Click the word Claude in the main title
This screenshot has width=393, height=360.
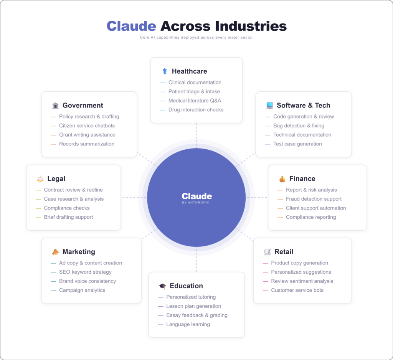click(x=131, y=26)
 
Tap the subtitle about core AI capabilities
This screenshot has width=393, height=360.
click(x=196, y=38)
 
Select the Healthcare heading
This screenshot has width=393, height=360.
click(x=189, y=71)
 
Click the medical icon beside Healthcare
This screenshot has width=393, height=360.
click(x=165, y=71)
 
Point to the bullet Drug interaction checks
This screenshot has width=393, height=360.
click(x=196, y=110)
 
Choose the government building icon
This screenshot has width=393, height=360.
click(x=55, y=106)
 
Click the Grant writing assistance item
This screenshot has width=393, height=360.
click(x=87, y=135)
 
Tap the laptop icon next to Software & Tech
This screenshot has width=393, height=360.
click(x=269, y=106)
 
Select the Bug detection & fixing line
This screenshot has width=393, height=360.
click(x=299, y=126)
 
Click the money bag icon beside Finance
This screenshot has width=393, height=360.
click(x=282, y=179)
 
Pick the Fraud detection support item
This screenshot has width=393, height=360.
click(x=314, y=199)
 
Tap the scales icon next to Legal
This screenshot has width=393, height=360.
click(x=40, y=179)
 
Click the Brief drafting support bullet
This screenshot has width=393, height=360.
click(x=68, y=217)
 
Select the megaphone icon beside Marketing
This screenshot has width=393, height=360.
click(x=55, y=252)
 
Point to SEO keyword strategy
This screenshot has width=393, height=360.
click(x=85, y=272)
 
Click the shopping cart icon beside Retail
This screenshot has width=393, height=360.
click(x=267, y=252)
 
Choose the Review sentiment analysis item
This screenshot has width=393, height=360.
click(x=302, y=281)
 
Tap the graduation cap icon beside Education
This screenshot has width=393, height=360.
click(x=162, y=286)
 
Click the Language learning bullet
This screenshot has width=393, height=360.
click(x=188, y=324)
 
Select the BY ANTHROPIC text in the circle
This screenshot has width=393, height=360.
click(x=196, y=203)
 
